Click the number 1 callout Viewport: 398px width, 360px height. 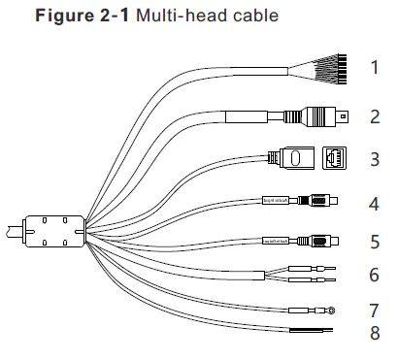(x=374, y=68)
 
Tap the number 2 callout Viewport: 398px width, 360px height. (x=374, y=117)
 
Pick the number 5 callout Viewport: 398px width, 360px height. (x=374, y=240)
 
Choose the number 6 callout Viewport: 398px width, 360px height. (x=374, y=275)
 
